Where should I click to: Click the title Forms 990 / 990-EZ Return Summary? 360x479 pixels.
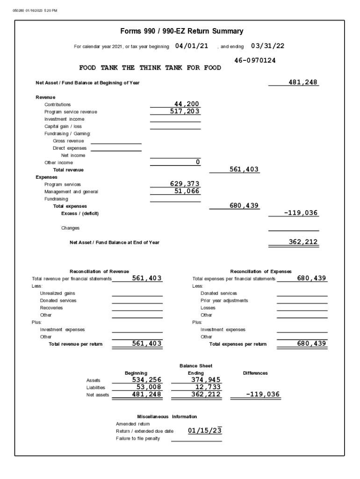(182, 31)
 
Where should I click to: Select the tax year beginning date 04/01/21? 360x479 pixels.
(192, 46)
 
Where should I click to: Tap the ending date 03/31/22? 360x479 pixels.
(267, 46)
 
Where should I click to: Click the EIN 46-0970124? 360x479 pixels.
(255, 60)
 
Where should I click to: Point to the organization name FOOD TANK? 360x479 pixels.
(150, 68)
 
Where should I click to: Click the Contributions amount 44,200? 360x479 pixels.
(187, 104)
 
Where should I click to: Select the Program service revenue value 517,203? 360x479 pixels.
(185, 111)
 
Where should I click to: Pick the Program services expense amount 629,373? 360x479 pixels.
(185, 184)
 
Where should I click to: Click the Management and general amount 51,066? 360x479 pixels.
(187, 191)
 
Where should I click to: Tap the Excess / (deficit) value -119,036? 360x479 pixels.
(301, 213)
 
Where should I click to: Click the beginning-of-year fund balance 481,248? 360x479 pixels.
(303, 82)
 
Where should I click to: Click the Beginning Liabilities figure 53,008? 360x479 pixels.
(149, 387)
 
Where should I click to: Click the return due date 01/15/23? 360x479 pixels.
(205, 430)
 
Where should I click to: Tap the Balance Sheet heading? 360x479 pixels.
(196, 366)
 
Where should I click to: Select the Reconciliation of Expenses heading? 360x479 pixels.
(261, 271)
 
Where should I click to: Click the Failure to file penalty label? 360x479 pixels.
(138, 438)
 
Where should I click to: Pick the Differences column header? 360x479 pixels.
(255, 373)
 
